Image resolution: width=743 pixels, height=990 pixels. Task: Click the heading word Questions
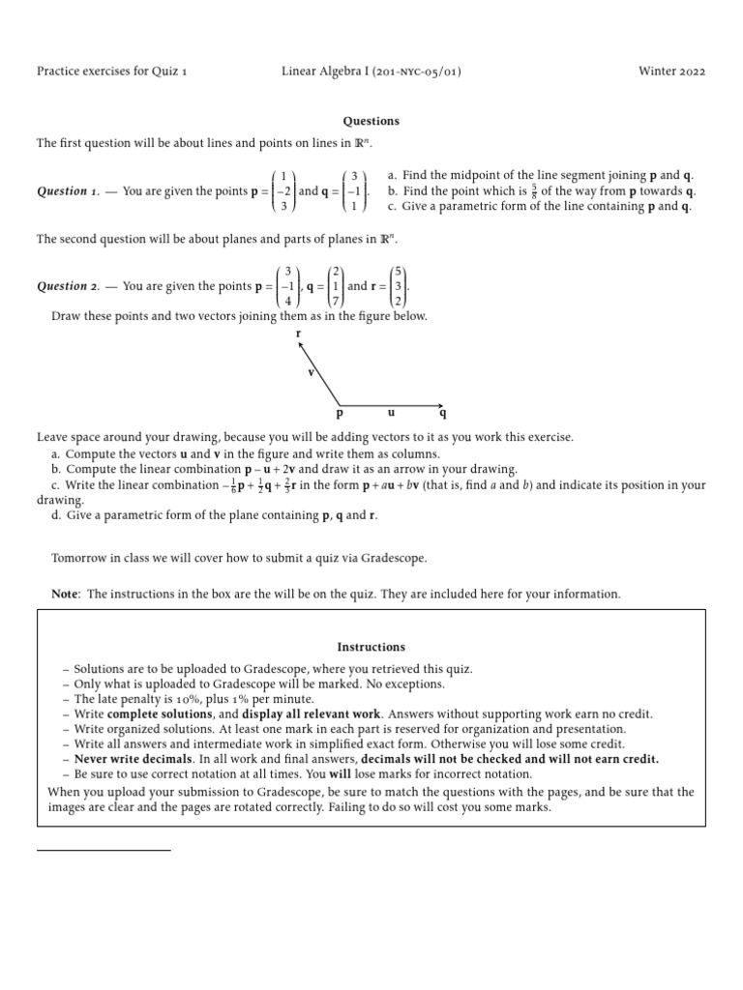(x=371, y=121)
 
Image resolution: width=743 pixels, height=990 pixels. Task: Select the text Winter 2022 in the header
(x=672, y=72)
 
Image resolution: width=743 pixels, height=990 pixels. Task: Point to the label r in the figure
(x=299, y=334)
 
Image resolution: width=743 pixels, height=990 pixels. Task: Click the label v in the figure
(x=311, y=372)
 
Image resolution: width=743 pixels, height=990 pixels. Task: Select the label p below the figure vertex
(x=340, y=414)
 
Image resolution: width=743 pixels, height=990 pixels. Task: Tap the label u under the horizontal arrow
(x=391, y=412)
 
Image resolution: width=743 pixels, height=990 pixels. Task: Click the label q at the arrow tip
(x=443, y=414)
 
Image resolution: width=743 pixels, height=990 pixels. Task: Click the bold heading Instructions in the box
(x=371, y=647)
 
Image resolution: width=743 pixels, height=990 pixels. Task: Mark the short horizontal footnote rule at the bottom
(x=104, y=850)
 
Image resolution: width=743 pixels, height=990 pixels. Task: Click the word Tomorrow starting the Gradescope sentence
(x=79, y=558)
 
